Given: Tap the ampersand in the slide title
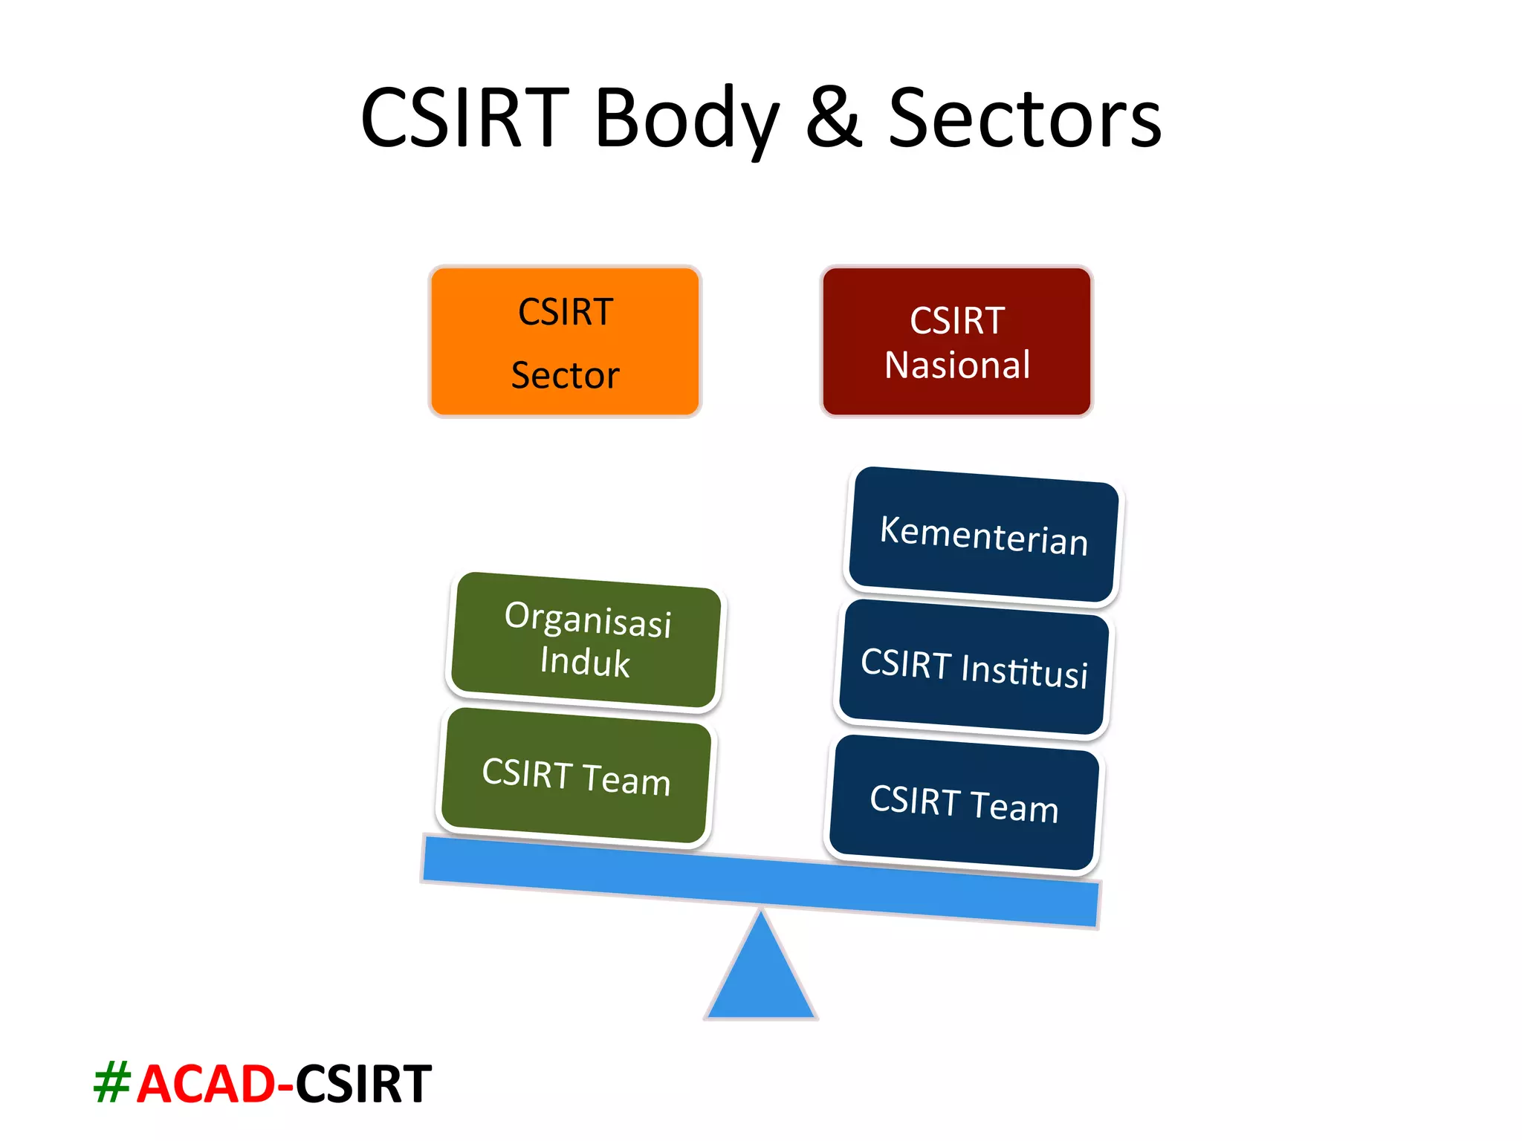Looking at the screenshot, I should point(834,117).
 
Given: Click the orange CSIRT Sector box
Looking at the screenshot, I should point(565,342).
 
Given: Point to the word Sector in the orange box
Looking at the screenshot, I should point(565,375).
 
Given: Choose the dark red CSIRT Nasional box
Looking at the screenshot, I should point(956,342).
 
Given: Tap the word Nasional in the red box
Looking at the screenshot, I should point(957,365).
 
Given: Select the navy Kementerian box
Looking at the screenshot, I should point(983,535).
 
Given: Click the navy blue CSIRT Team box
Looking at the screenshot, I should point(964,804).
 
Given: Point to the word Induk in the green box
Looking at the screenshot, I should point(585,662).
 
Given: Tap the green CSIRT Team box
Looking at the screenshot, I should point(575,777).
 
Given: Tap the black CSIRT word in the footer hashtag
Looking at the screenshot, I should point(363,1085).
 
